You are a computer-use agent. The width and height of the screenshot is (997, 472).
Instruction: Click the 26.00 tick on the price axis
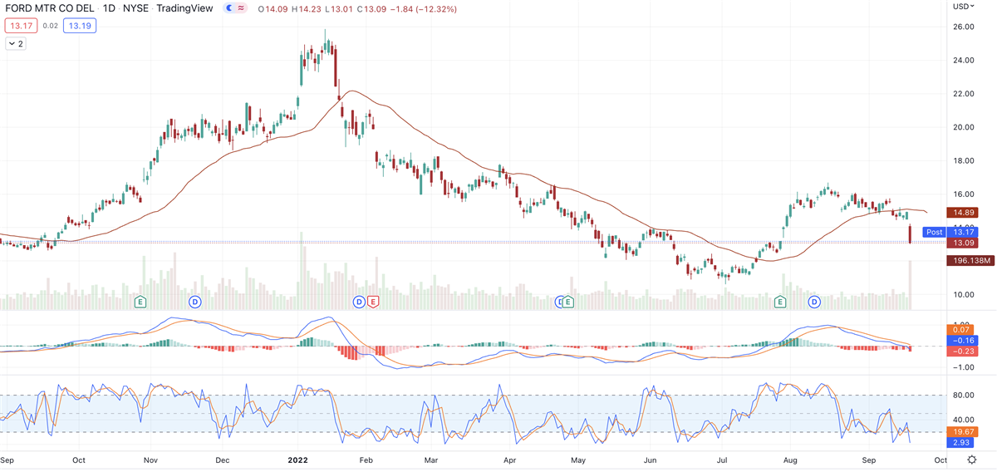tap(963, 27)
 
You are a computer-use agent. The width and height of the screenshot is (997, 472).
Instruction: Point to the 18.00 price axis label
tap(963, 160)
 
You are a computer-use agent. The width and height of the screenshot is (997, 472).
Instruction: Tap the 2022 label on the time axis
tap(298, 459)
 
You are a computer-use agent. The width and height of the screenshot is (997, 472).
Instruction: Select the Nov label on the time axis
tap(150, 459)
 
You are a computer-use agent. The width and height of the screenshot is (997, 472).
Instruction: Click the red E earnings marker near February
tap(373, 301)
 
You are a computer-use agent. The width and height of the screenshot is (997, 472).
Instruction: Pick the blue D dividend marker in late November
tap(196, 301)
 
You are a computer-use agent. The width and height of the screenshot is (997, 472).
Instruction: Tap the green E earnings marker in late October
tap(140, 301)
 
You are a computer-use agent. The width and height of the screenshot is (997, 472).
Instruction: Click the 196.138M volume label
tap(970, 260)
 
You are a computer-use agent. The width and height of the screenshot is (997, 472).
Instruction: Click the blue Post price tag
tap(934, 232)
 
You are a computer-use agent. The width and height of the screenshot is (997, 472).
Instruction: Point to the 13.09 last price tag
tap(964, 243)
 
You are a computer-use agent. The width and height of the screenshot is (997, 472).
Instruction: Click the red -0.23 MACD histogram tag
tap(964, 352)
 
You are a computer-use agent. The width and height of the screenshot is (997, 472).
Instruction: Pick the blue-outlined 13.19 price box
tap(81, 26)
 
